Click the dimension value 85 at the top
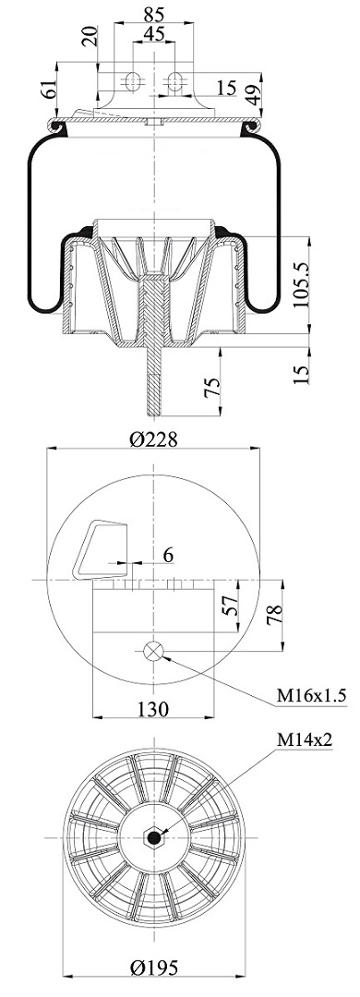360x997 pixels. coord(154,13)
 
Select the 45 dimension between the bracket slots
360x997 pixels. coord(153,33)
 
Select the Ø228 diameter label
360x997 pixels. coord(153,438)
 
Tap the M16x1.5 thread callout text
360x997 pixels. coord(311,696)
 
